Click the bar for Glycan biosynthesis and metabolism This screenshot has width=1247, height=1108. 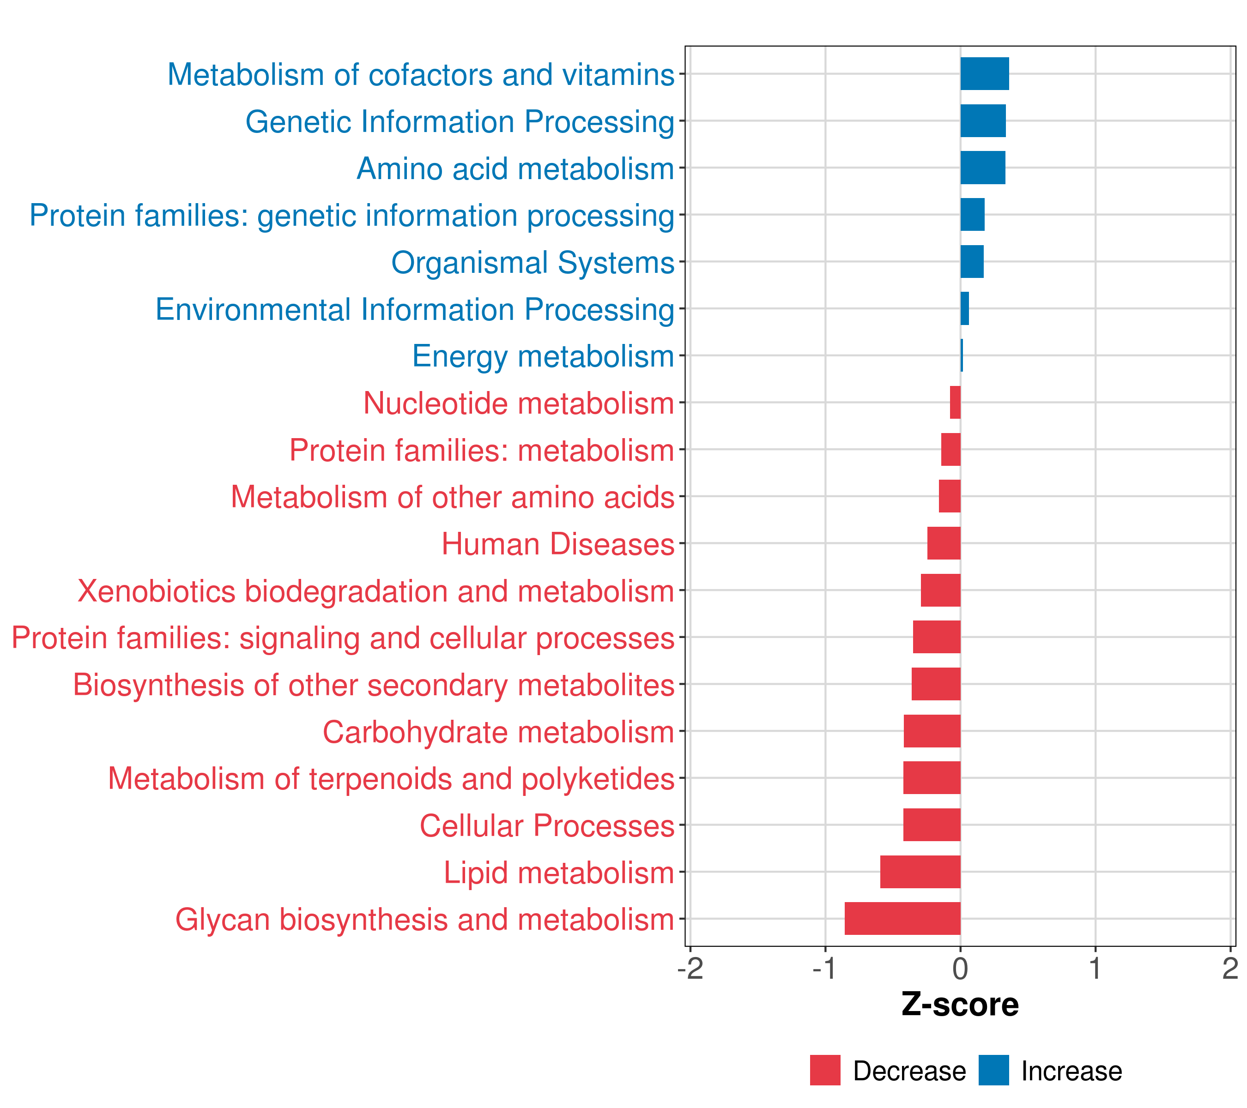902,918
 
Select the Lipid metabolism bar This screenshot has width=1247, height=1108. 920,872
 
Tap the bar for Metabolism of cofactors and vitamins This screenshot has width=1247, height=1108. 984,74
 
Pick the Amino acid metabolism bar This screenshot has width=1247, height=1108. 982,168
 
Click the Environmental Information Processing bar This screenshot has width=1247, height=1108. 964,308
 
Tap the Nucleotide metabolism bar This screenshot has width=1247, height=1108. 956,403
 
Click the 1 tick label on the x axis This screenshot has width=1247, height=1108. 1095,969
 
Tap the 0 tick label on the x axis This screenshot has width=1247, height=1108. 960,969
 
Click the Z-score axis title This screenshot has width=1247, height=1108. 960,1004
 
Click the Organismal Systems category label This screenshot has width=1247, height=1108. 533,262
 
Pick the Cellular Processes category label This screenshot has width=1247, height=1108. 547,825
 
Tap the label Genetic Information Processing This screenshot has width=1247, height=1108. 460,121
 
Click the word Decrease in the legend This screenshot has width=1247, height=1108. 909,1072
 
